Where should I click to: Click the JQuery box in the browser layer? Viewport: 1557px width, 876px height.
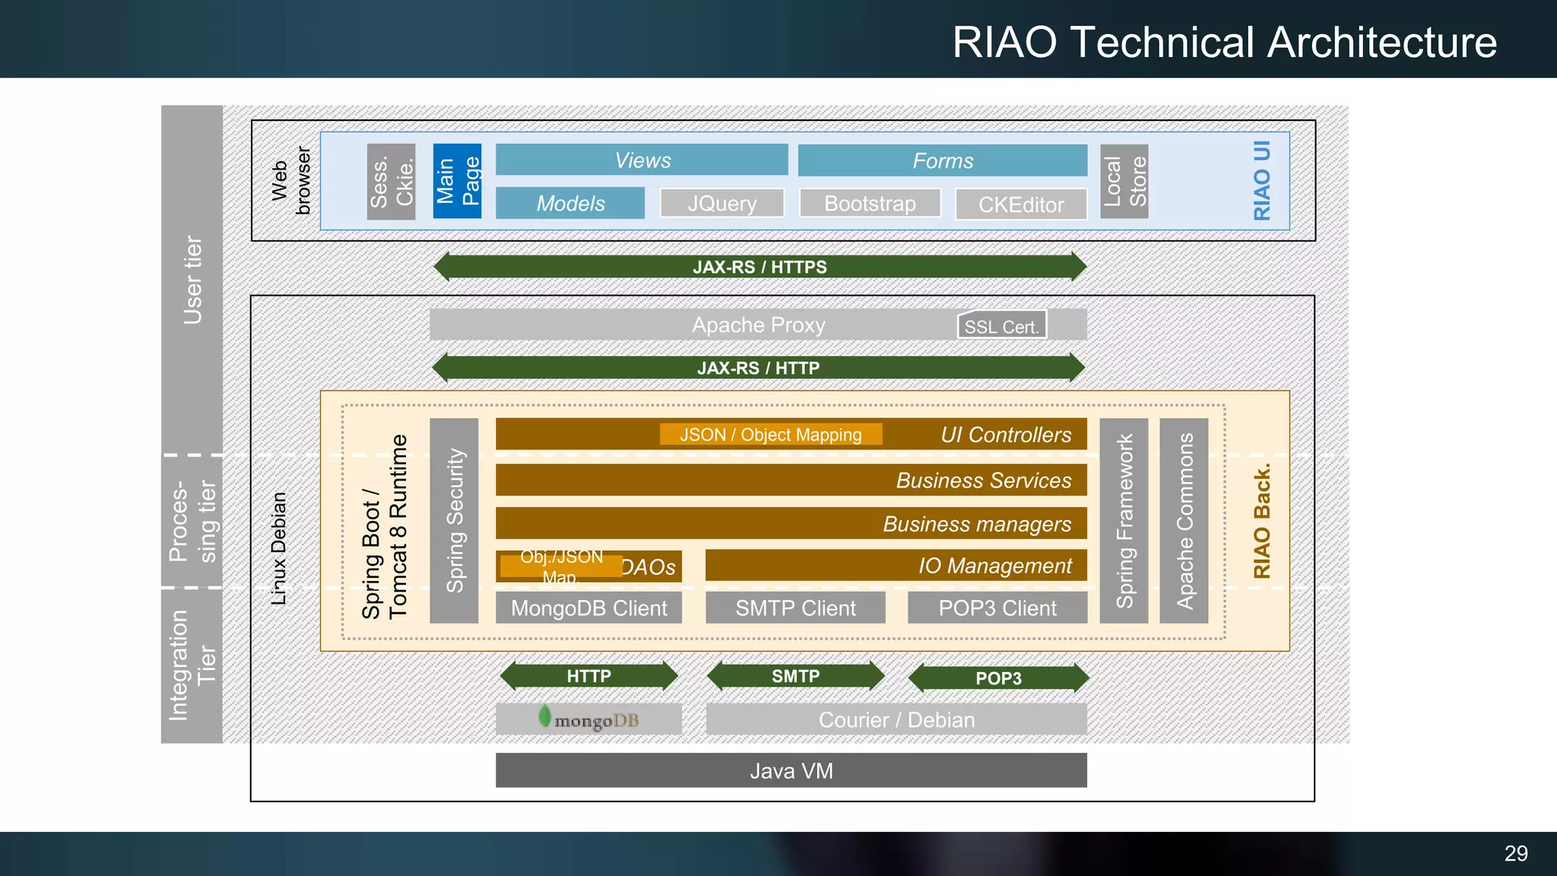click(721, 204)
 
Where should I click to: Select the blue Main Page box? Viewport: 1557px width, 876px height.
click(457, 181)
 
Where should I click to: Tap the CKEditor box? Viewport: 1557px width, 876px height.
click(1020, 205)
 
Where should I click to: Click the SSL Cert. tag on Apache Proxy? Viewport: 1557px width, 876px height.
click(1001, 325)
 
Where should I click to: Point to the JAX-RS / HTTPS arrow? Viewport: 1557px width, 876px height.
click(759, 267)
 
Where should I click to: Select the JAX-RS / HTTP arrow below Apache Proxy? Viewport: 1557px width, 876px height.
click(758, 368)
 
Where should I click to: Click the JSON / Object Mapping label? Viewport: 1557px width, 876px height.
click(770, 434)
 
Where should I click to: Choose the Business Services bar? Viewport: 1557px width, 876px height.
click(791, 481)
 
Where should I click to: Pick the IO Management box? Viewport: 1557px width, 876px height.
click(896, 566)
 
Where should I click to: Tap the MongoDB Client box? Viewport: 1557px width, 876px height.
click(588, 608)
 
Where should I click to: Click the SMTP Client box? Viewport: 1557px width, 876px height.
click(795, 608)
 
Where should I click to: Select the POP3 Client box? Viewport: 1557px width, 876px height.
click(997, 608)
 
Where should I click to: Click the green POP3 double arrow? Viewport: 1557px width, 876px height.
click(998, 678)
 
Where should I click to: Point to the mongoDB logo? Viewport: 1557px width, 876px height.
click(588, 719)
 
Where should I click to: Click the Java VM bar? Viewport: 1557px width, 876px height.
click(791, 770)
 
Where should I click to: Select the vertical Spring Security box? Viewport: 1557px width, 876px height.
click(454, 521)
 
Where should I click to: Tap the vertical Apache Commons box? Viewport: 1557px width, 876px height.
click(1184, 521)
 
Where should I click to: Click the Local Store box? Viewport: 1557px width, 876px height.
click(1124, 181)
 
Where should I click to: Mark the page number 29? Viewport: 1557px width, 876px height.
click(1515, 853)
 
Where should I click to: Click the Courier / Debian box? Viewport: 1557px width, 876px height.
click(896, 719)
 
